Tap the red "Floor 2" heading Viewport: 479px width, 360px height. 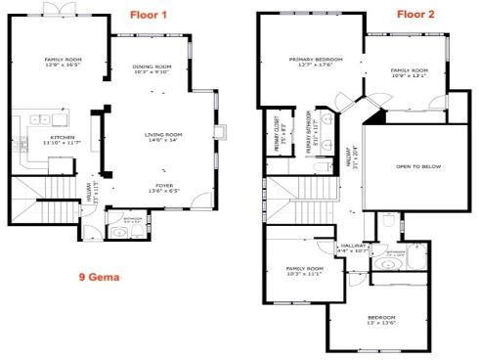coord(416,15)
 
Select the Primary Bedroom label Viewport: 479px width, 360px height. coord(312,63)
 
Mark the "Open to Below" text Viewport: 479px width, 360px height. coord(417,167)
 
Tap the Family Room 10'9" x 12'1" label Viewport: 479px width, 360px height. coord(410,73)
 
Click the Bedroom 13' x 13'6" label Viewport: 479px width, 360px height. coord(382,321)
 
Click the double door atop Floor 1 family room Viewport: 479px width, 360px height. coord(62,8)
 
